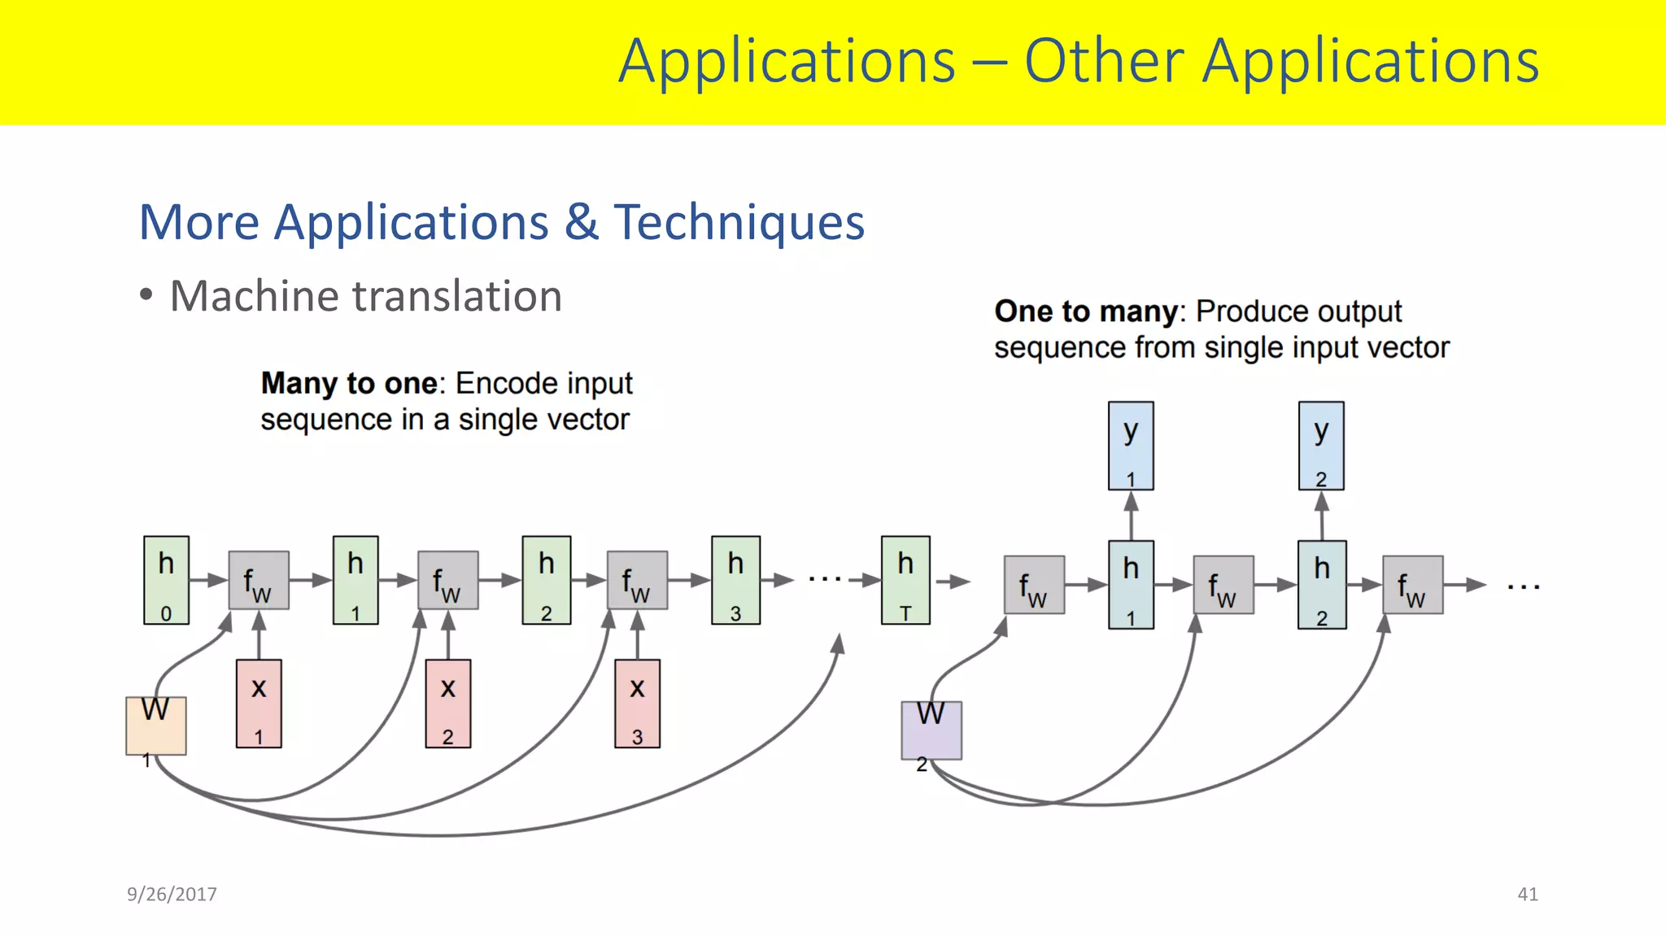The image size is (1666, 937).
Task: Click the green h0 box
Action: point(166,580)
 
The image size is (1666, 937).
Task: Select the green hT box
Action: point(905,580)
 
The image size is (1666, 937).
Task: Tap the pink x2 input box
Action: point(447,704)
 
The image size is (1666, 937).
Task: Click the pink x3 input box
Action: point(637,704)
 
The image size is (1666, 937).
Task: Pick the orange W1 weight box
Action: point(155,726)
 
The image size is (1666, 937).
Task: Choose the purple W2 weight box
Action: point(931,730)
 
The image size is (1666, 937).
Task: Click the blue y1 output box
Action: point(1131,446)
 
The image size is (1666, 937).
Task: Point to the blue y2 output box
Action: point(1321,446)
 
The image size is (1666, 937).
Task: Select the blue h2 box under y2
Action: point(1322,585)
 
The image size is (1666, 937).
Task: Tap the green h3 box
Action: point(735,580)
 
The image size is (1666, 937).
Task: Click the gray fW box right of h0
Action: point(259,580)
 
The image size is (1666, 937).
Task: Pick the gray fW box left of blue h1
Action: point(1034,585)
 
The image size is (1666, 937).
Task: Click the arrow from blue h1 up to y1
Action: point(1131,515)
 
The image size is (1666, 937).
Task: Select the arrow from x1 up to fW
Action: point(259,635)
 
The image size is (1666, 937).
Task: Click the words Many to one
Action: point(349,383)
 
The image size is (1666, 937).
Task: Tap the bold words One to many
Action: point(1086,312)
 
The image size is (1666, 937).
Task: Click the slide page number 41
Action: point(1527,894)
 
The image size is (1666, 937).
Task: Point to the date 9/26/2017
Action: point(172,894)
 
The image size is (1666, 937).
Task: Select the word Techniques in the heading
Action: point(739,222)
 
